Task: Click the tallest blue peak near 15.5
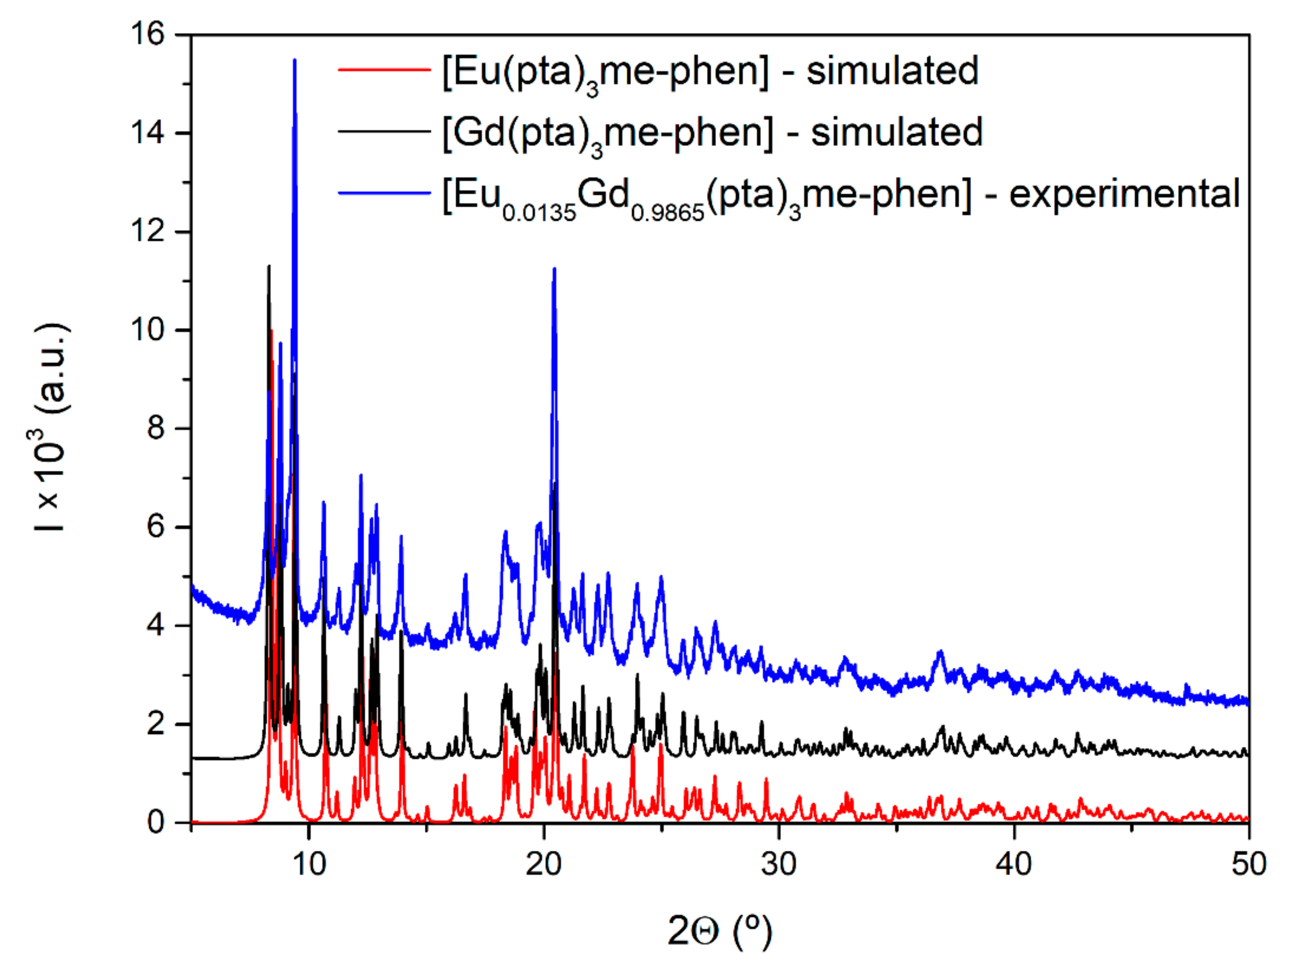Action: point(294,61)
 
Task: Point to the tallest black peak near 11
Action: point(269,267)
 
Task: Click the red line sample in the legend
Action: point(384,70)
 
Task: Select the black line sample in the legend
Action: point(384,131)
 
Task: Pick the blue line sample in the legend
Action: point(384,193)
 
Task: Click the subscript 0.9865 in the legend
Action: point(668,213)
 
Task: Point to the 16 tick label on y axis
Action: point(148,34)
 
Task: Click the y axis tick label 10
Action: point(148,330)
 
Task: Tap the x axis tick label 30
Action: point(779,864)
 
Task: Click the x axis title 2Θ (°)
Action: point(720,930)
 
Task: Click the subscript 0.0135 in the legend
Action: point(539,213)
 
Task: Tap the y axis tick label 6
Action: point(155,527)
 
